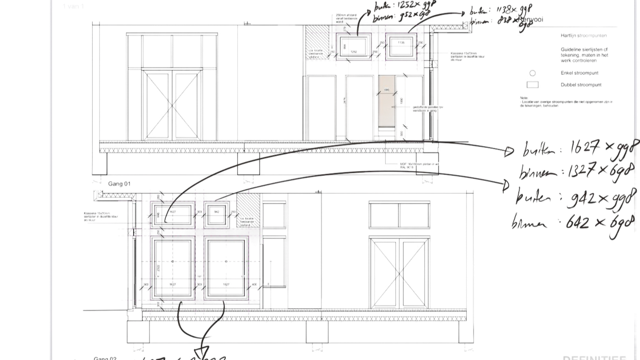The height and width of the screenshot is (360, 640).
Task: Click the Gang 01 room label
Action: (118, 184)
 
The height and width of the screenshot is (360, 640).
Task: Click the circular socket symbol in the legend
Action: (532, 73)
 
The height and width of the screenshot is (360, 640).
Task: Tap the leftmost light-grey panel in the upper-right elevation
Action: (320, 107)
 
